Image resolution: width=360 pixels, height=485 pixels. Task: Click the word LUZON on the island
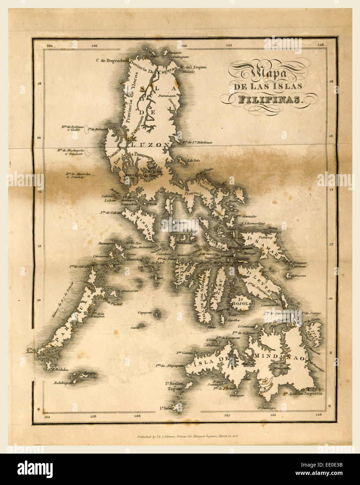point(150,144)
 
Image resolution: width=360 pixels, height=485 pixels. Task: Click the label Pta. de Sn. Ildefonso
point(197,142)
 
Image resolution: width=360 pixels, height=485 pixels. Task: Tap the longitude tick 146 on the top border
point(320,45)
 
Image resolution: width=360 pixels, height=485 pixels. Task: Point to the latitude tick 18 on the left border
point(39,83)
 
